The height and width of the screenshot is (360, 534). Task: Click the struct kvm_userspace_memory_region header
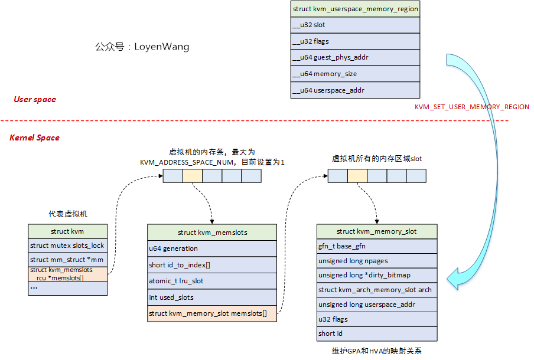click(x=355, y=9)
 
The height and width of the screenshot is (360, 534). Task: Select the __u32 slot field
click(x=355, y=25)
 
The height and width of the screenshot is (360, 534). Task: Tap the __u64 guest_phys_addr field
click(x=355, y=58)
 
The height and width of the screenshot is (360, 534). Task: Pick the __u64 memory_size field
click(x=355, y=74)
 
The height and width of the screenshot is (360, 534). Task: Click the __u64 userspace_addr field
click(x=355, y=90)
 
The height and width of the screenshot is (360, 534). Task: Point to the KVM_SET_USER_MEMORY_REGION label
click(x=471, y=107)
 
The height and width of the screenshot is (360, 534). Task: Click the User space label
click(x=35, y=99)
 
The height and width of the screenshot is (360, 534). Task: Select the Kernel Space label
click(x=34, y=138)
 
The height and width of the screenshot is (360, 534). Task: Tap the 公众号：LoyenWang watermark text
click(x=142, y=47)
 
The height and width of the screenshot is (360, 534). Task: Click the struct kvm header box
click(x=68, y=231)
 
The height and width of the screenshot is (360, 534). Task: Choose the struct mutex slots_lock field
click(x=68, y=246)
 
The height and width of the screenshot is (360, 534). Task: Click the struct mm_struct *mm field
click(x=68, y=260)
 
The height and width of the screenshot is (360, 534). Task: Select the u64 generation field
click(x=211, y=249)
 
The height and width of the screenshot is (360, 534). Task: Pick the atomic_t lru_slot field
click(x=211, y=281)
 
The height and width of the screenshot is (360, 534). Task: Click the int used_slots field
click(x=211, y=297)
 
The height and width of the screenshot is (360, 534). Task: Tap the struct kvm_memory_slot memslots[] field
click(x=211, y=313)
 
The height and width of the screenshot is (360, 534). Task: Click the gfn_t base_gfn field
click(x=376, y=246)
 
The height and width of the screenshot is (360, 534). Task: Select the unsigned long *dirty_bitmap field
click(x=376, y=275)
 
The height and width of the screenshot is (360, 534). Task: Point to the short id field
click(x=376, y=334)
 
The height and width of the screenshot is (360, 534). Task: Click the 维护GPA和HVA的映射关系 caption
click(x=377, y=351)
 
